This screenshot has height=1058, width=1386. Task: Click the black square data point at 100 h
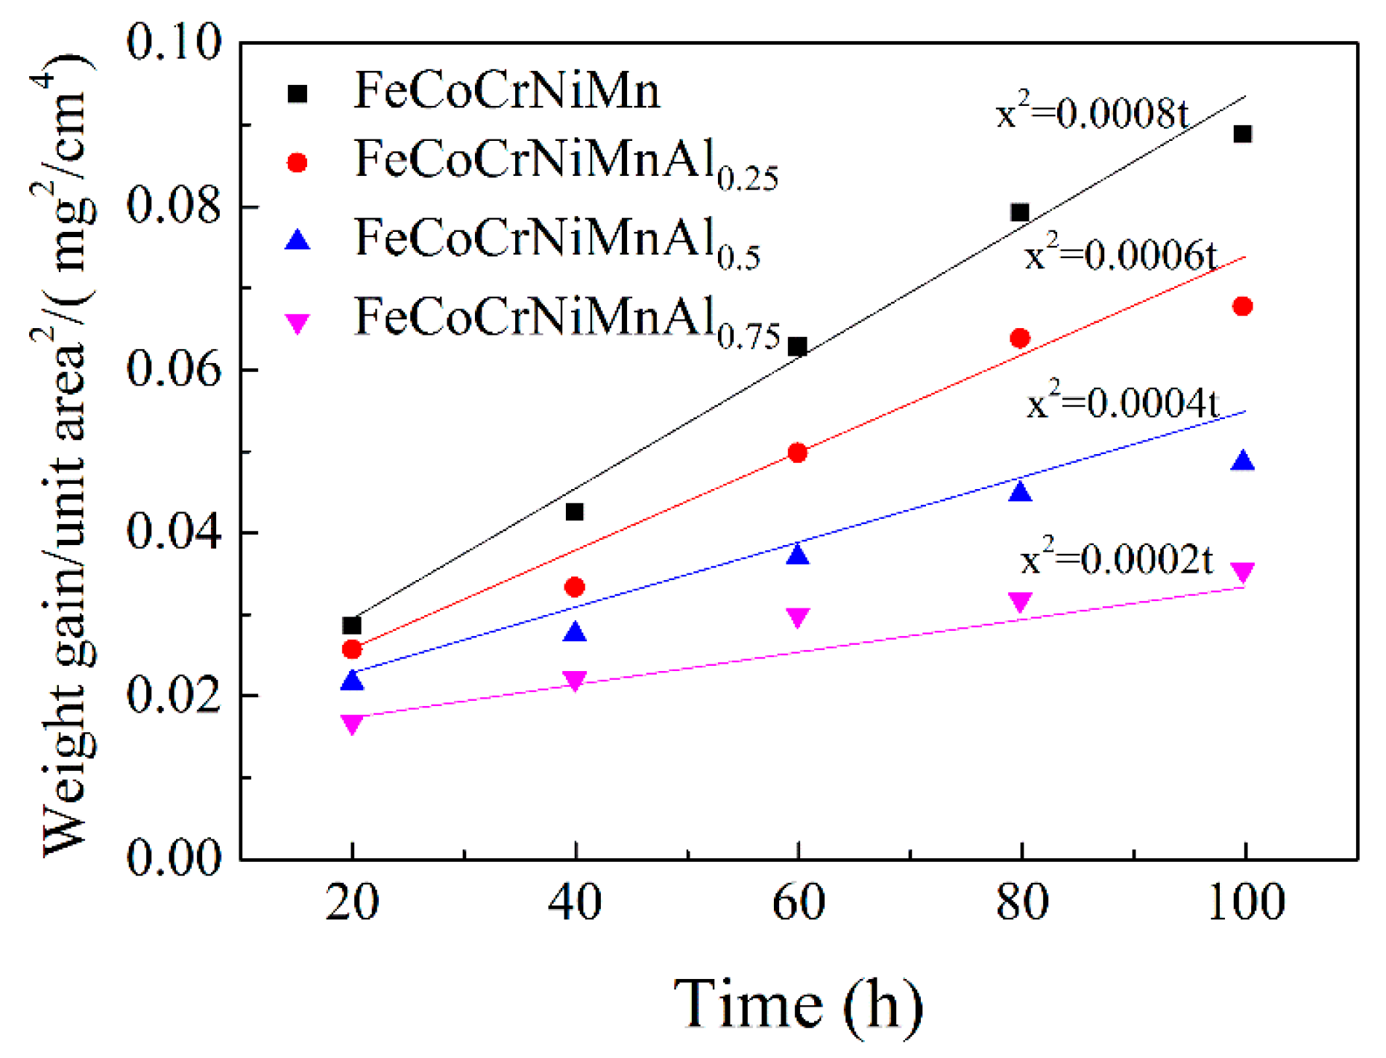click(1242, 134)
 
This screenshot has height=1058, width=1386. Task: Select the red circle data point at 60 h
click(797, 453)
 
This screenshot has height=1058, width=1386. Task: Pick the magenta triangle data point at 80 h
click(1020, 602)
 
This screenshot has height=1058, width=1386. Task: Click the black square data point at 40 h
click(575, 512)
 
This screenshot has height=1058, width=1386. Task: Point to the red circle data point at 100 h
click(1242, 306)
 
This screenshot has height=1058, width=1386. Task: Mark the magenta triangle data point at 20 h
click(352, 723)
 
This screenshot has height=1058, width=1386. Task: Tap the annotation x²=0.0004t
click(1122, 403)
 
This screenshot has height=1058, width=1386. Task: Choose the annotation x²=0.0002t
click(1116, 558)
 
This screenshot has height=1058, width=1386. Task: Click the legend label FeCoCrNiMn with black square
click(507, 91)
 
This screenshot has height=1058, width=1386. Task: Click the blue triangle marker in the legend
click(298, 240)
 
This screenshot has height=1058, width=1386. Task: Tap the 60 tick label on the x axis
click(798, 902)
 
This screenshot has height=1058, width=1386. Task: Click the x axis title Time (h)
click(798, 1005)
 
